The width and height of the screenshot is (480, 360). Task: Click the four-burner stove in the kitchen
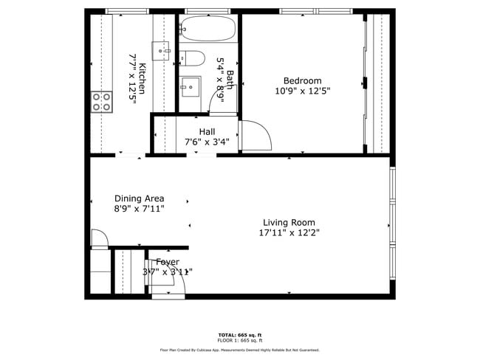(x=102, y=102)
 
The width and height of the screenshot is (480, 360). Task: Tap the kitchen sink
(x=162, y=50)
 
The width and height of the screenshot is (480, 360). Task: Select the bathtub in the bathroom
(x=208, y=29)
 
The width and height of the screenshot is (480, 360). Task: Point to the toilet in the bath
(x=191, y=57)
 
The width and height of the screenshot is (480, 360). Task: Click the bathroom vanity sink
(x=191, y=87)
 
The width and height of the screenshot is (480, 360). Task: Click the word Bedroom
(x=302, y=81)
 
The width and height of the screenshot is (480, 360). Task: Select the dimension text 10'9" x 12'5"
(x=302, y=91)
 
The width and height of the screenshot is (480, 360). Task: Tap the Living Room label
(x=289, y=222)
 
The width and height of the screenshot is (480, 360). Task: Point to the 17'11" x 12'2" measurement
(x=289, y=232)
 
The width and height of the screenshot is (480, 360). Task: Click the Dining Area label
(x=139, y=198)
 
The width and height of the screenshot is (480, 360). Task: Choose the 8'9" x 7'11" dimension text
(x=139, y=209)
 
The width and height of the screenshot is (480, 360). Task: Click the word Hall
(x=206, y=131)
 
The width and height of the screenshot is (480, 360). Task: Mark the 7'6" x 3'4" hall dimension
(x=206, y=142)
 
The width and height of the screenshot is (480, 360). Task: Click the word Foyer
(x=167, y=262)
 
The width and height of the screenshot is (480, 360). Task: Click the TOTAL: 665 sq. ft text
(x=240, y=334)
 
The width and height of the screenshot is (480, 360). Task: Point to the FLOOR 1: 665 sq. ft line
(x=240, y=340)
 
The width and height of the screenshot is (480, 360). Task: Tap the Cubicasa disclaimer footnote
(x=240, y=350)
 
